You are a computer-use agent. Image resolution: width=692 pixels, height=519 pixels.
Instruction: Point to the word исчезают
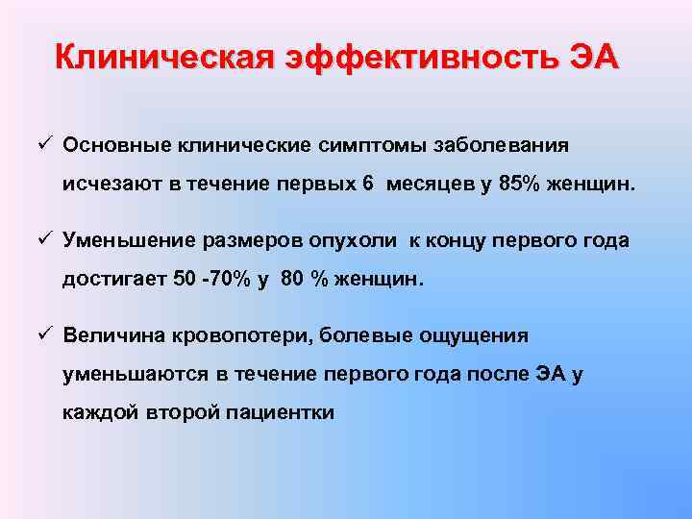pos(108,185)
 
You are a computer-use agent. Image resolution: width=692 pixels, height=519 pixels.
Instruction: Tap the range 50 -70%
pos(210,280)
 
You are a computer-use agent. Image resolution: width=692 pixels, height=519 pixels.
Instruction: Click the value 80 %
pos(301,280)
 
